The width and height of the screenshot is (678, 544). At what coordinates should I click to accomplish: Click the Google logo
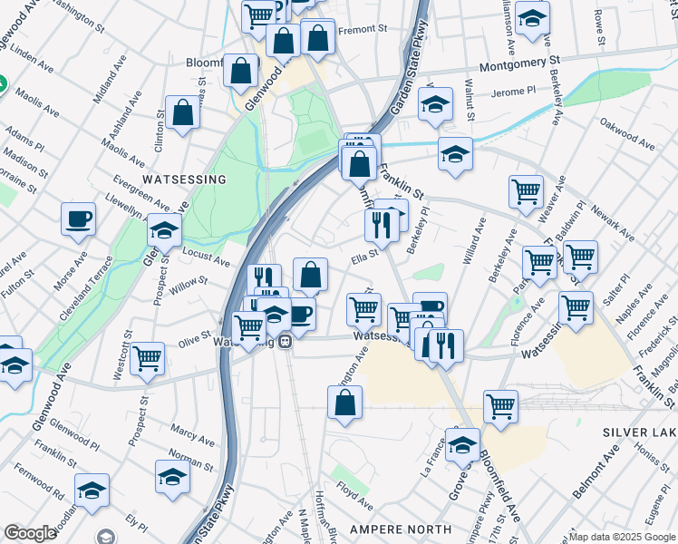point(31,533)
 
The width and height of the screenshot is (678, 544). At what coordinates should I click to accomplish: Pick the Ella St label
point(364,260)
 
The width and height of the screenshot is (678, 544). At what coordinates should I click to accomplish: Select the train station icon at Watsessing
point(285,342)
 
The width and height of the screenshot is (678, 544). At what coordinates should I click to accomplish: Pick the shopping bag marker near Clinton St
point(183,113)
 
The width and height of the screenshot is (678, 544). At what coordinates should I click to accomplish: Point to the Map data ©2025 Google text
point(622,537)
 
